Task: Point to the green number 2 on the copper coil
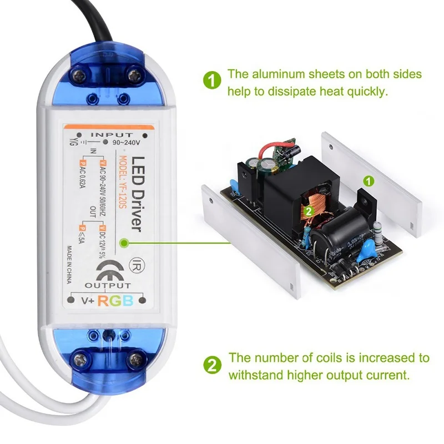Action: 307,210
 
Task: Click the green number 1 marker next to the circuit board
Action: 367,180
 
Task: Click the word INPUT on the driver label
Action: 112,134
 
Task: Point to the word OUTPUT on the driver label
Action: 108,285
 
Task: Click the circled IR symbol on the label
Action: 135,261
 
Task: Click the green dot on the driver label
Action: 127,243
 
